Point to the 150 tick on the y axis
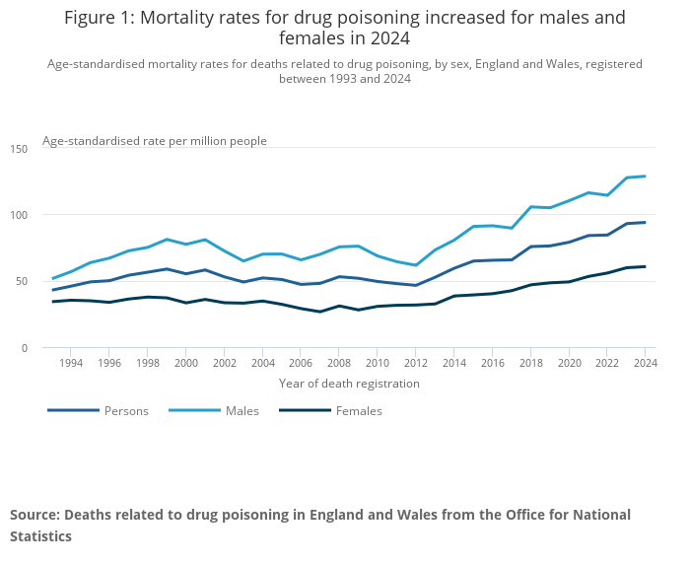click(x=20, y=149)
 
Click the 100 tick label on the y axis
click(x=20, y=215)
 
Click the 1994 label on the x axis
click(x=70, y=363)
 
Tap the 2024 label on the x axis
click(x=645, y=363)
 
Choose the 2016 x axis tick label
click(x=493, y=363)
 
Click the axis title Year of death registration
click(x=349, y=383)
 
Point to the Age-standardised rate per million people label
click(x=155, y=141)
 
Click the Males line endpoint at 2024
click(x=646, y=177)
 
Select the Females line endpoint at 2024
click(x=646, y=266)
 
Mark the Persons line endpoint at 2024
click(x=646, y=222)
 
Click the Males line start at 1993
click(x=52, y=278)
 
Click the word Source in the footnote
click(x=34, y=515)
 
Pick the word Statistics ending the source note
click(x=40, y=536)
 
